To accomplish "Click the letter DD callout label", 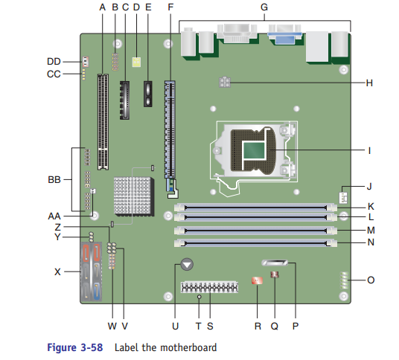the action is pos(54,62).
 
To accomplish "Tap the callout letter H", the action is pos(369,83).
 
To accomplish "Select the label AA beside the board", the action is pos(54,216).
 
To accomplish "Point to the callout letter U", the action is pos(176,326).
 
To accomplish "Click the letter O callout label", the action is pos(371,280).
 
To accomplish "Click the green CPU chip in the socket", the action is pos(254,150).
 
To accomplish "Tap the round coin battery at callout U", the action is pos(187,264).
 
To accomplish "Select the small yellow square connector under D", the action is pos(136,62).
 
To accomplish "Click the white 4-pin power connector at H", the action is pos(225,82).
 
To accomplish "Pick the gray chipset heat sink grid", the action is pos(133,196).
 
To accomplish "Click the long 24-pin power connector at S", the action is pos(209,287).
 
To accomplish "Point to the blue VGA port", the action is pos(285,35).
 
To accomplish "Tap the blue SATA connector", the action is pos(97,291).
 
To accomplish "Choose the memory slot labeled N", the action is pos(255,243).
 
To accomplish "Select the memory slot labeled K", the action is pos(255,208).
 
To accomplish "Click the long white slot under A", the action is pos(103,122).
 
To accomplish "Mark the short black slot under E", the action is pos(148,94).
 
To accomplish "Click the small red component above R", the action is pos(257,280).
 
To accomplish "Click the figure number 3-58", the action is pos(92,347).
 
